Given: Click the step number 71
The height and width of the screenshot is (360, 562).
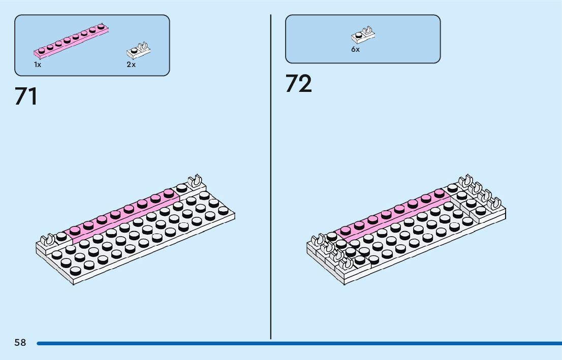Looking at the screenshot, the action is (26, 96).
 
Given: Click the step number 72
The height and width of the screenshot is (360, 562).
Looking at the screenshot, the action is (298, 84).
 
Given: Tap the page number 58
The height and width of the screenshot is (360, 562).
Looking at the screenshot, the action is (20, 343).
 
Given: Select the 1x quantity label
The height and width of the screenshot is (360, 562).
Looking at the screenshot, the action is (38, 65).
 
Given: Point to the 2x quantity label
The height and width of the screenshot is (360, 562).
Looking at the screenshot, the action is (131, 65).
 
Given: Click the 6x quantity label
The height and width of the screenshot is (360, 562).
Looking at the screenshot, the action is (355, 50).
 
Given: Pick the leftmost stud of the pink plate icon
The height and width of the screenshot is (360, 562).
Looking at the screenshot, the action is (41, 50).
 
